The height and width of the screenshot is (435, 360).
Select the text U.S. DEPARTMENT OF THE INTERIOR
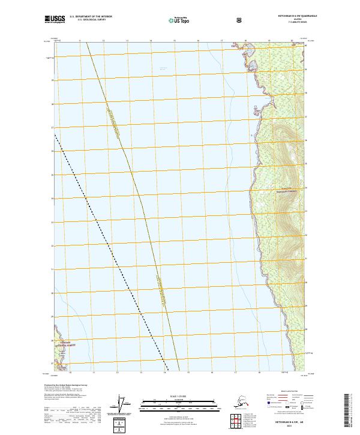tap(91, 17)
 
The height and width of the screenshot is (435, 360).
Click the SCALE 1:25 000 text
tap(179, 395)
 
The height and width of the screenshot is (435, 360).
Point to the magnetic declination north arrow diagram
tap(125, 403)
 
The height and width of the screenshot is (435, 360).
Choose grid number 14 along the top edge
tap(151, 41)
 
